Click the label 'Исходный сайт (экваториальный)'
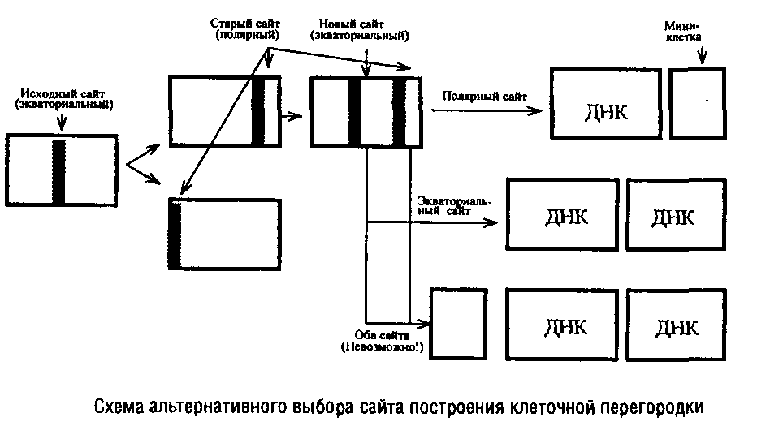tap(63, 99)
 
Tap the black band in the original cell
tap(58, 172)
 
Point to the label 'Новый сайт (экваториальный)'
tap(360, 31)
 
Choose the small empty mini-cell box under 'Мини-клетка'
tap(695, 103)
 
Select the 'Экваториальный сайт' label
tap(456, 205)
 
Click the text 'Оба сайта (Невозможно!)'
tap(386, 341)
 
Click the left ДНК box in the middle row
tap(564, 213)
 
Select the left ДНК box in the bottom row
tap(565, 324)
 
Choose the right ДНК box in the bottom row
tap(674, 325)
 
